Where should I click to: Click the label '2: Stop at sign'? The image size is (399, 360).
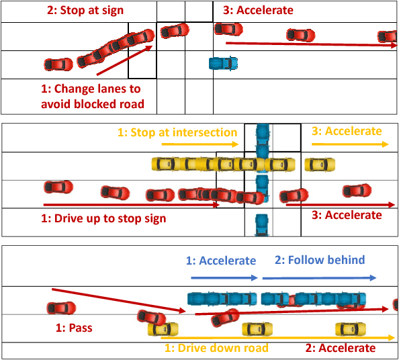pyautogui.click(x=85, y=11)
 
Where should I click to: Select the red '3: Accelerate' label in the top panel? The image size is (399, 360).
pyautogui.click(x=258, y=11)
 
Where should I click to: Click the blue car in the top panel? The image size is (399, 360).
pyautogui.click(x=223, y=63)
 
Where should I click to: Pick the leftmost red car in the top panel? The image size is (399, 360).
pyautogui.click(x=58, y=64)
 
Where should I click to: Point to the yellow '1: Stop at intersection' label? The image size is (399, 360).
pyautogui.click(x=177, y=132)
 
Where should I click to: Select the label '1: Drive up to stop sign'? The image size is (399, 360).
pyautogui.click(x=104, y=218)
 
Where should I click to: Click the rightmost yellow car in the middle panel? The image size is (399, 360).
pyautogui.click(x=319, y=165)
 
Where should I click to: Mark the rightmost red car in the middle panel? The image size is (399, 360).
pyautogui.click(x=356, y=191)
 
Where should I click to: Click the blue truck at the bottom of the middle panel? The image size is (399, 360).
pyautogui.click(x=261, y=224)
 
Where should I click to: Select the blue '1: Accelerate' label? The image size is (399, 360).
pyautogui.click(x=221, y=261)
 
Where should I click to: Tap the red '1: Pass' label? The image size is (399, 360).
pyautogui.click(x=74, y=329)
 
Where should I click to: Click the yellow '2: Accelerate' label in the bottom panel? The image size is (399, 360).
pyautogui.click(x=341, y=348)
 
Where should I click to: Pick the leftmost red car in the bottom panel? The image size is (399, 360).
pyautogui.click(x=61, y=308)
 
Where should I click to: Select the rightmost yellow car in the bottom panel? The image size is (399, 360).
pyautogui.click(x=350, y=328)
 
